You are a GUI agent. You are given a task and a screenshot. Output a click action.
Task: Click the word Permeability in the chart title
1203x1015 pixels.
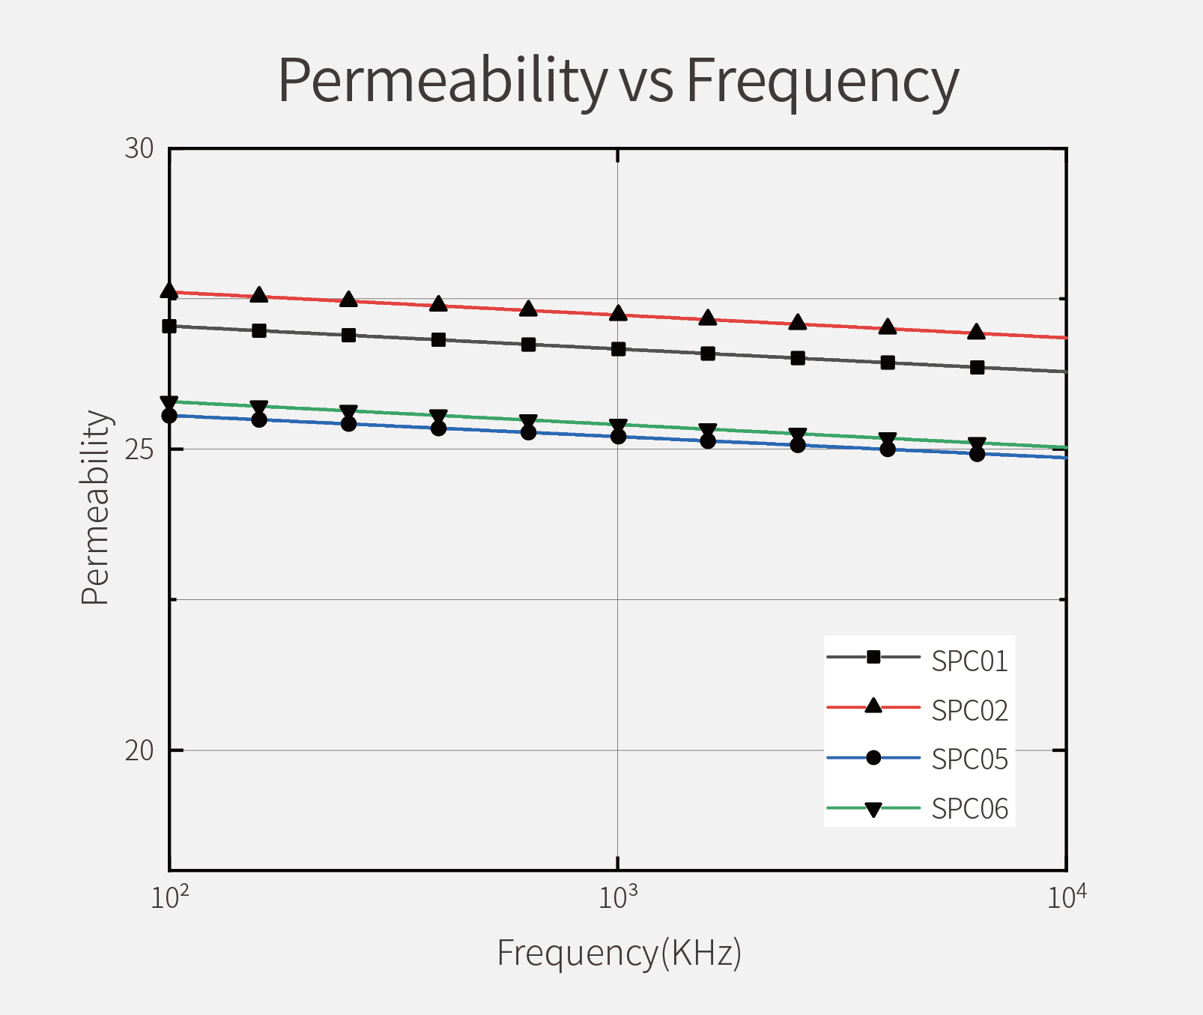pos(443,81)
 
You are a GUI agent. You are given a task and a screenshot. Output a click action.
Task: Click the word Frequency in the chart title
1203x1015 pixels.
pos(822,81)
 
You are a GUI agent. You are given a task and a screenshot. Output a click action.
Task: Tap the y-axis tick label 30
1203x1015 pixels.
pos(139,149)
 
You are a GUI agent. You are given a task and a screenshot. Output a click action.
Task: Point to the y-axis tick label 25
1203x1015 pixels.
pos(139,449)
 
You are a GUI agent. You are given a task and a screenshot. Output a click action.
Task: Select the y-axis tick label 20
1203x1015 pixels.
pos(139,750)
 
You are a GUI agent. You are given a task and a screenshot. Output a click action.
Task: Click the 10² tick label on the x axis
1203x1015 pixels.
pos(170,897)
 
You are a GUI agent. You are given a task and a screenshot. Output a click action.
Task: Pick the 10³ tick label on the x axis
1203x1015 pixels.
pos(618,897)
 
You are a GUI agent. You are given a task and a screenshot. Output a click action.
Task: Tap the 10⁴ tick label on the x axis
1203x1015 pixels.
pos(1066,897)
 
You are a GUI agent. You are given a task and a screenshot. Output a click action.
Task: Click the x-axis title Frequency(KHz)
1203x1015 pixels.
pos(619,954)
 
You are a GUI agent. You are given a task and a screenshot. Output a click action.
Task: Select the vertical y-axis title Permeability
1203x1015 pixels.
pos(96,507)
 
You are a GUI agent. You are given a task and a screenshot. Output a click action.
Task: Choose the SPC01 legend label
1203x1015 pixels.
pos(969,661)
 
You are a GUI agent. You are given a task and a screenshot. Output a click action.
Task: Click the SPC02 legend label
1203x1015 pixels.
pos(969,710)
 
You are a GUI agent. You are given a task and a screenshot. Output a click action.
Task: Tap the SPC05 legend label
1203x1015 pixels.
pos(969,760)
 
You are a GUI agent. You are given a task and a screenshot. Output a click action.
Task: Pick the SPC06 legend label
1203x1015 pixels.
pos(969,809)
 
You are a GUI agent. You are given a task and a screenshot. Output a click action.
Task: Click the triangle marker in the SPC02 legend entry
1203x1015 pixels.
pos(873,706)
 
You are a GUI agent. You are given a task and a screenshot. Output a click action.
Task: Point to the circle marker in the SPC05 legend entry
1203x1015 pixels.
pos(873,758)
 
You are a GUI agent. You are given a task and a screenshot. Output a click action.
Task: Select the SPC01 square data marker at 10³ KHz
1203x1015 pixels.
pos(618,349)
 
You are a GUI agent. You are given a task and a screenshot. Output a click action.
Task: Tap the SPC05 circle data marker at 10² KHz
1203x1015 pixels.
pos(169,415)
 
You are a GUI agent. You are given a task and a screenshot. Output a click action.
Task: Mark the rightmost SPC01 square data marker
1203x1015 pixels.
pos(977,367)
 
